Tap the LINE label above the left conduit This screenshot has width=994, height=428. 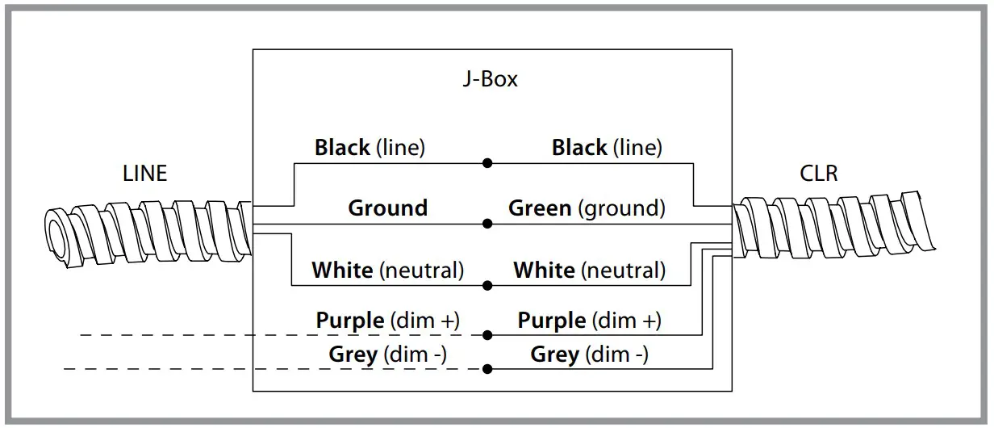tap(145, 174)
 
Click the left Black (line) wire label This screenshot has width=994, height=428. tap(370, 148)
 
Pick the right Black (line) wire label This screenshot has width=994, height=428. tap(606, 148)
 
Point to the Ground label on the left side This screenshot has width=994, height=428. tap(387, 208)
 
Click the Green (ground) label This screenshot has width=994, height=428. tap(587, 208)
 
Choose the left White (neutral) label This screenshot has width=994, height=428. tap(387, 270)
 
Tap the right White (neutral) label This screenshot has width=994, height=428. tap(589, 270)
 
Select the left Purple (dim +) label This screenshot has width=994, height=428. tap(387, 321)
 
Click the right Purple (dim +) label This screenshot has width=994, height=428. tap(589, 321)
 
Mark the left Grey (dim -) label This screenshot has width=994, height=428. tap(387, 355)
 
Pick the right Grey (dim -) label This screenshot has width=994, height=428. tap(589, 355)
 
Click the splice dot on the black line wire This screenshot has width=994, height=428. tap(487, 163)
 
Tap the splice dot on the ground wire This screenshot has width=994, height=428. tap(487, 224)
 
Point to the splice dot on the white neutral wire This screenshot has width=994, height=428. tap(487, 285)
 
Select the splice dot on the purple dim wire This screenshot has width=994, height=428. tap(487, 334)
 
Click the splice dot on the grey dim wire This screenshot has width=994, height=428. tap(487, 369)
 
